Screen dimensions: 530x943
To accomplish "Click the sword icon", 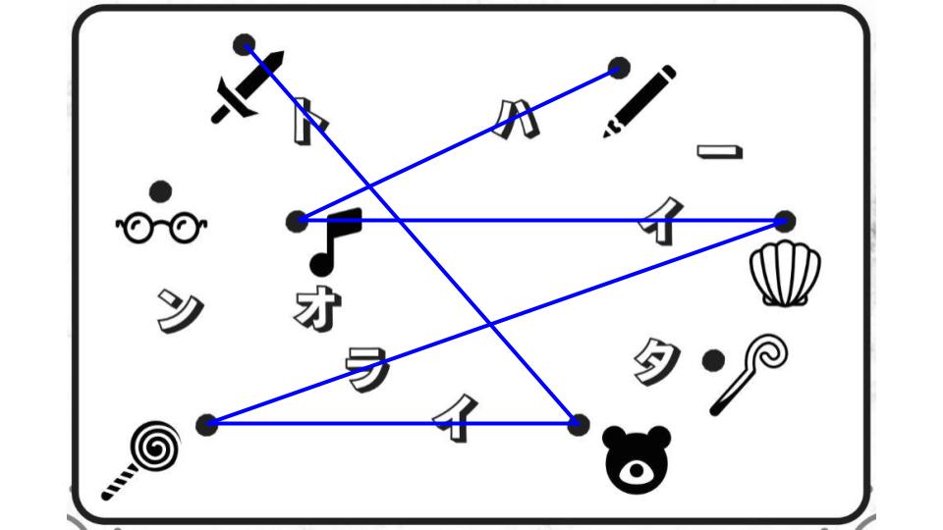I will pyautogui.click(x=247, y=87).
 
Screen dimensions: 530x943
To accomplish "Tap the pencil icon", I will pyautogui.click(x=640, y=99).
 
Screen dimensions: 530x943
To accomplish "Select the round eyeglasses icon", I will pyautogui.click(x=162, y=228).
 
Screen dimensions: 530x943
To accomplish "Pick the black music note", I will pyautogui.click(x=334, y=240).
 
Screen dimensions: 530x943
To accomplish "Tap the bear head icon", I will pyautogui.click(x=637, y=460).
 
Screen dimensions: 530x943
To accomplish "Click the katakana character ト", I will pyautogui.click(x=306, y=123).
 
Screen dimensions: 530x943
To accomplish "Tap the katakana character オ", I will pyautogui.click(x=316, y=310).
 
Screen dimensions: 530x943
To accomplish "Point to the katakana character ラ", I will pyautogui.click(x=367, y=369).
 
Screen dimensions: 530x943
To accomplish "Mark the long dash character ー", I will pyautogui.click(x=719, y=152).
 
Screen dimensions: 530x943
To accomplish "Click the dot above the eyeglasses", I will pyautogui.click(x=160, y=190).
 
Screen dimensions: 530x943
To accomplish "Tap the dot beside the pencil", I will pyautogui.click(x=618, y=68).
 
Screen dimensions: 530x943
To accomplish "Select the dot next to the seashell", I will pyautogui.click(x=784, y=221).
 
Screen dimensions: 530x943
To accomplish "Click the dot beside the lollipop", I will pyautogui.click(x=206, y=424).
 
